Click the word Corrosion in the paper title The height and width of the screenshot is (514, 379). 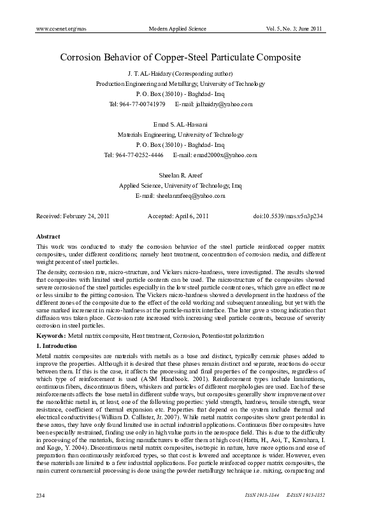click(x=85, y=57)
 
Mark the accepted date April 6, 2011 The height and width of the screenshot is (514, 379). click(x=190, y=216)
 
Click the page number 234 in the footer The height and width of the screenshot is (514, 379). click(x=42, y=494)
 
